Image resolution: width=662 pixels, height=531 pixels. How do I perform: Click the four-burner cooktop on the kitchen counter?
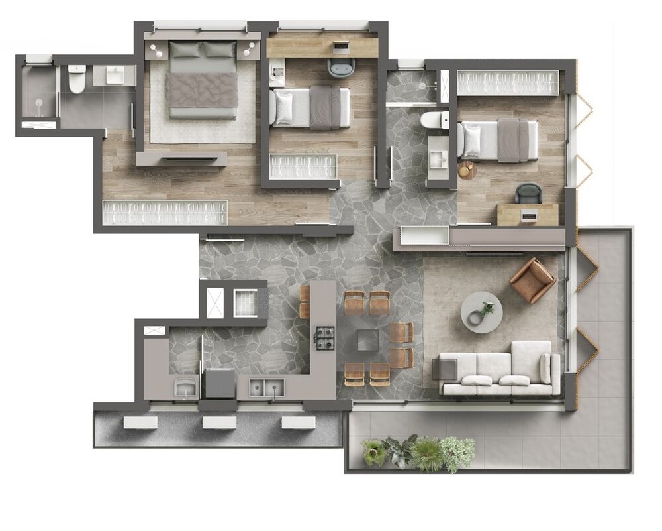click(324, 338)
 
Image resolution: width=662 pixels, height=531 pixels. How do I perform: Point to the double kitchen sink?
click(267, 386)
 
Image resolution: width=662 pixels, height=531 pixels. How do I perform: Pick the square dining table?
click(369, 340)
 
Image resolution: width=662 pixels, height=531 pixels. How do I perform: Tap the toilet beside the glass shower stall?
click(77, 80)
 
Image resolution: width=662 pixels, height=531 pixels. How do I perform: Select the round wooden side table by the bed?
click(467, 170)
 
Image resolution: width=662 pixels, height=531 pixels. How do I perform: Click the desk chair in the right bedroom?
click(528, 192)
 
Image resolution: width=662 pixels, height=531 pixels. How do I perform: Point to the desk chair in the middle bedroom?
click(341, 65)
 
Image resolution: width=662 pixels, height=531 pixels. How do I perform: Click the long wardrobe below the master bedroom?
click(165, 212)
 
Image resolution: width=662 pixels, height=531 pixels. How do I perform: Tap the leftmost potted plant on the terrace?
click(375, 452)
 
